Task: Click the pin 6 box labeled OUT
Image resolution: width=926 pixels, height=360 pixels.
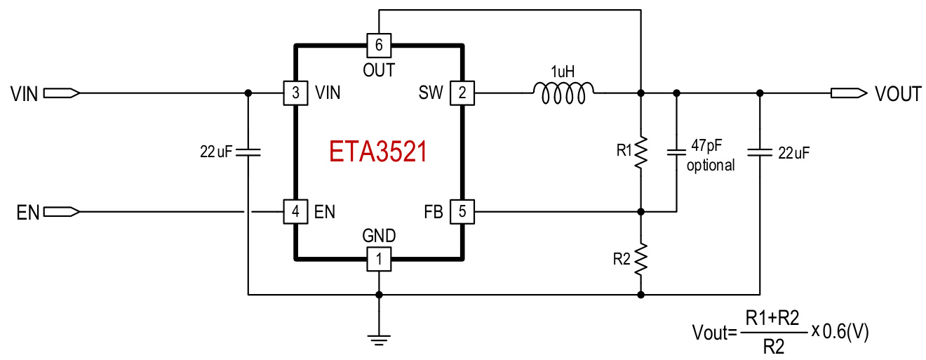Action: (x=379, y=46)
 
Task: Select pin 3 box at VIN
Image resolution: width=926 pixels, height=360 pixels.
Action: (x=295, y=93)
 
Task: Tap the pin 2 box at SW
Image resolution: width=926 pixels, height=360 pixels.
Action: (x=462, y=93)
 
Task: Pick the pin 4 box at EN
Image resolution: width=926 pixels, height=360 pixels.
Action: (x=295, y=211)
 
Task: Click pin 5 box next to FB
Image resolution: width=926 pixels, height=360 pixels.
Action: (x=462, y=211)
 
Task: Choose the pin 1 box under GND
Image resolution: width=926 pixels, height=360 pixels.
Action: (x=379, y=260)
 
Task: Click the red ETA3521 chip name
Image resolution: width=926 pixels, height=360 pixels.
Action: (x=378, y=152)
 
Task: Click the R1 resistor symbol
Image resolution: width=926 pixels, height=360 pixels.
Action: (x=640, y=152)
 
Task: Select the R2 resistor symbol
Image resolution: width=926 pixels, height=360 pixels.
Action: (x=640, y=260)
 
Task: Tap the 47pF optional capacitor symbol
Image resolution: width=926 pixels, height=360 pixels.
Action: (x=676, y=152)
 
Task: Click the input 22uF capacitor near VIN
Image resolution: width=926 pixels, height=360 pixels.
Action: (x=248, y=151)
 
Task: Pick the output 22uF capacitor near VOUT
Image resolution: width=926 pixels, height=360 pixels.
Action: (x=760, y=151)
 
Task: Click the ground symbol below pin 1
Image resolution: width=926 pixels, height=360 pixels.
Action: (x=379, y=340)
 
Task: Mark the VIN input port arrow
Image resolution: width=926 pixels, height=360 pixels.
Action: (x=62, y=93)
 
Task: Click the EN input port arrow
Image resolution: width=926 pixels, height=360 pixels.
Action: (x=62, y=211)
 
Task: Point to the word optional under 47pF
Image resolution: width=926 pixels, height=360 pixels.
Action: (x=711, y=166)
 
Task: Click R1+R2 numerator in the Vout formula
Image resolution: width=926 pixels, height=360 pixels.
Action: (x=772, y=318)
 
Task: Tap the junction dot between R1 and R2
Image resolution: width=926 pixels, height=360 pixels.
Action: (x=640, y=211)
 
